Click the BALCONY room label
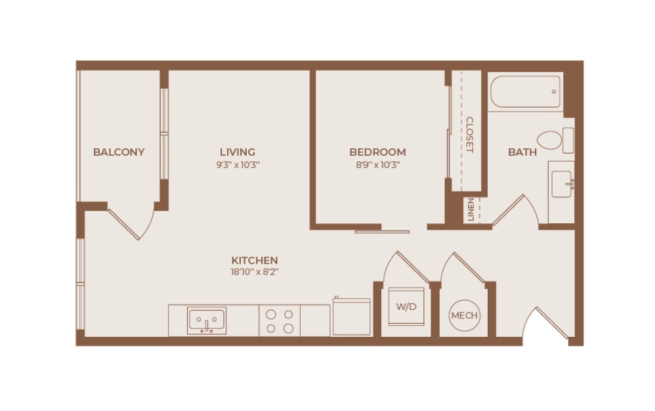(x=119, y=152)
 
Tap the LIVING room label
(x=238, y=152)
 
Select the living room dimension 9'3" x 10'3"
(x=238, y=165)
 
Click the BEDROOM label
(x=377, y=152)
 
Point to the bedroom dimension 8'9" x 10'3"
(x=377, y=165)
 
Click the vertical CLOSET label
(x=469, y=135)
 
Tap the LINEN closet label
(x=471, y=210)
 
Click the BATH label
(x=522, y=152)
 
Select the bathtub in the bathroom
(x=526, y=91)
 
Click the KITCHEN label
(x=254, y=260)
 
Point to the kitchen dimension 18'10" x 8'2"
(x=254, y=272)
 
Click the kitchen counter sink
(x=207, y=320)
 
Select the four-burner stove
(x=280, y=320)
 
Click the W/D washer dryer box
(x=406, y=307)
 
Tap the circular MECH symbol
(x=464, y=315)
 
